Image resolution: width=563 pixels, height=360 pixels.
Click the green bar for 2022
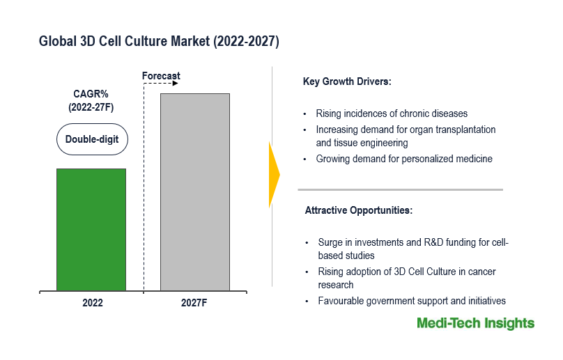tap(91, 230)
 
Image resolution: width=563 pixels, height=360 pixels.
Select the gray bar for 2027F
tap(195, 192)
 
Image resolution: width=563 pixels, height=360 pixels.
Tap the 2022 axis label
tap(93, 303)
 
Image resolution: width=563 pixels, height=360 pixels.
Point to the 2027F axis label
tap(194, 303)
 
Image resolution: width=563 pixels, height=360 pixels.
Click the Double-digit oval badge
tap(92, 139)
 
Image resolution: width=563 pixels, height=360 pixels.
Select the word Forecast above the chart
tap(161, 76)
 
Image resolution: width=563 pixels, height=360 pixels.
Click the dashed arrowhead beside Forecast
tap(175, 84)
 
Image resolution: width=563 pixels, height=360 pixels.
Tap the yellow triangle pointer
tap(275, 175)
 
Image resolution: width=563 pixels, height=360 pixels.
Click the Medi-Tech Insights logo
tap(476, 323)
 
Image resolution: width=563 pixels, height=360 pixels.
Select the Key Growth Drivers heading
tap(347, 81)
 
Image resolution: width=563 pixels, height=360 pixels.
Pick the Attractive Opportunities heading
tap(359, 210)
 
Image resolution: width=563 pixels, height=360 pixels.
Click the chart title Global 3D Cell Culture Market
tap(159, 41)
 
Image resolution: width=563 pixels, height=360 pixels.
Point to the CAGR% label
tap(91, 94)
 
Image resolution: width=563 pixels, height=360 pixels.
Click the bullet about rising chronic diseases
tap(392, 114)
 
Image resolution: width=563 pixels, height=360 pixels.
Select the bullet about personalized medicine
tap(404, 159)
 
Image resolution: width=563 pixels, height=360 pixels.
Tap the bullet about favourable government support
tap(412, 301)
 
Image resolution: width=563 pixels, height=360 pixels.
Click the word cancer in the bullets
tap(482, 272)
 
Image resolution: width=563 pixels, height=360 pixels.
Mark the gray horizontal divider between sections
tap(401, 189)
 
